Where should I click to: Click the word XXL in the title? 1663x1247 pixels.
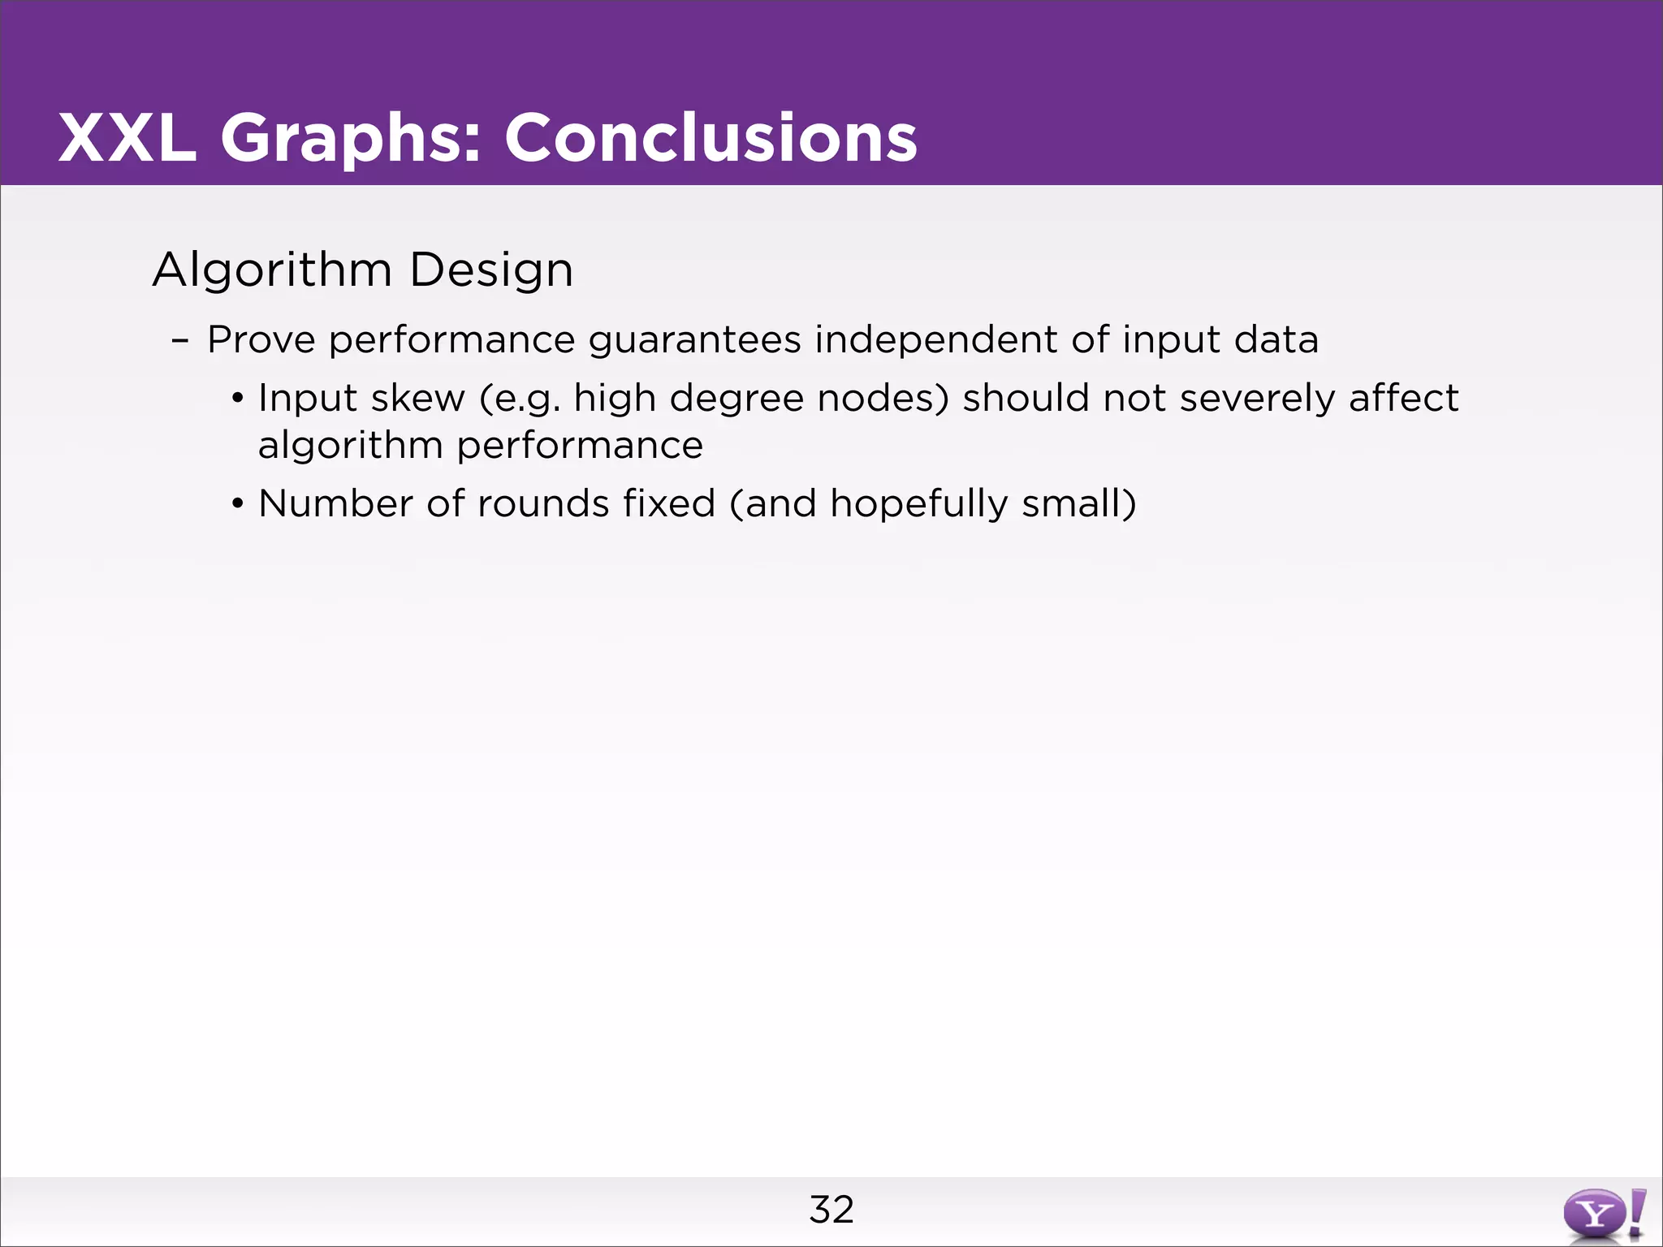(x=127, y=138)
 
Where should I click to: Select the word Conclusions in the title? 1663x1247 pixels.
(x=711, y=138)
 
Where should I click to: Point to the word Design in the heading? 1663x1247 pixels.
(x=491, y=270)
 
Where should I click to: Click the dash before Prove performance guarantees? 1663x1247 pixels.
(x=180, y=340)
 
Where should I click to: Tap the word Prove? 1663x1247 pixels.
(x=261, y=339)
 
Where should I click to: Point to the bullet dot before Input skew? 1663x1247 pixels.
(x=237, y=399)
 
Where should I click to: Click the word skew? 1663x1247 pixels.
(x=418, y=398)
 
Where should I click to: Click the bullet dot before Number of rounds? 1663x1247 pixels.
(x=237, y=504)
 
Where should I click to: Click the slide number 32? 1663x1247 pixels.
(x=831, y=1210)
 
